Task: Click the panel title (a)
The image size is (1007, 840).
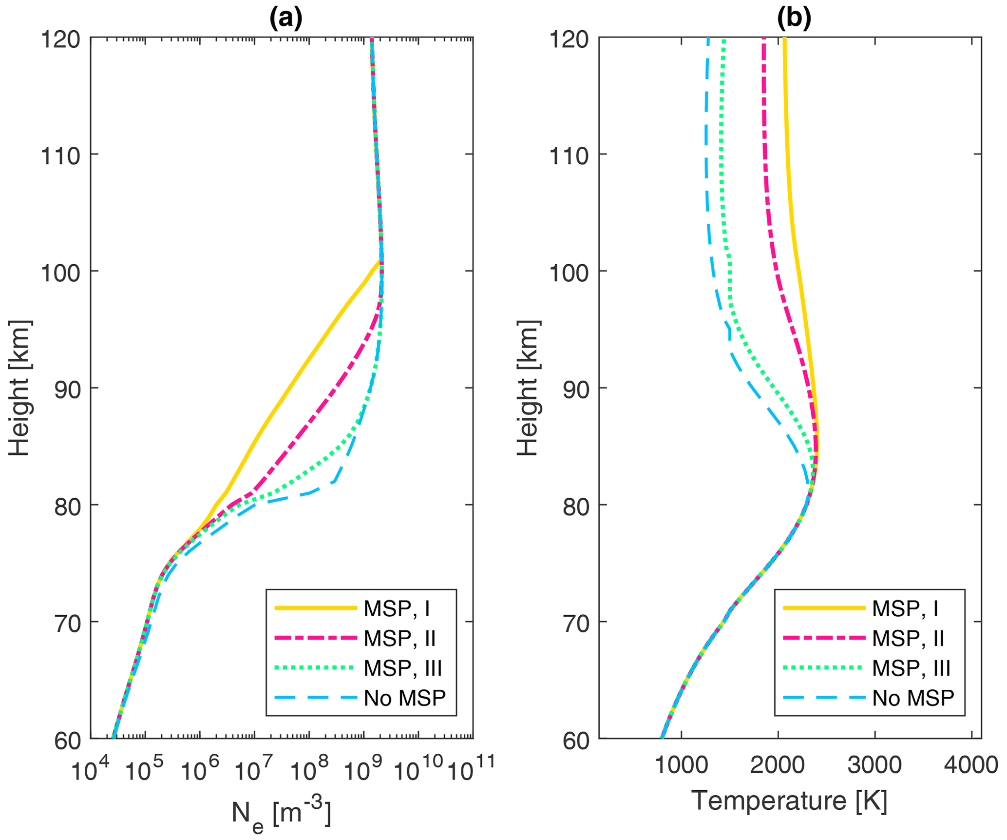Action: click(286, 18)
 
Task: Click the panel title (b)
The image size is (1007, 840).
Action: click(794, 18)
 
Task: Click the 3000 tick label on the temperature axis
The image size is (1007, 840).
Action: click(874, 765)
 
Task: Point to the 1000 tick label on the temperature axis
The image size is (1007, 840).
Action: click(681, 765)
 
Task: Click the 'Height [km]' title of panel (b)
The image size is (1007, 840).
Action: click(527, 388)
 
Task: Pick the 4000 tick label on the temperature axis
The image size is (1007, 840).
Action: click(971, 765)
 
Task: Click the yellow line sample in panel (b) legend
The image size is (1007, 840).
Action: click(824, 608)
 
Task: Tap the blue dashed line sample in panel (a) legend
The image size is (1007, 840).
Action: click(316, 698)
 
